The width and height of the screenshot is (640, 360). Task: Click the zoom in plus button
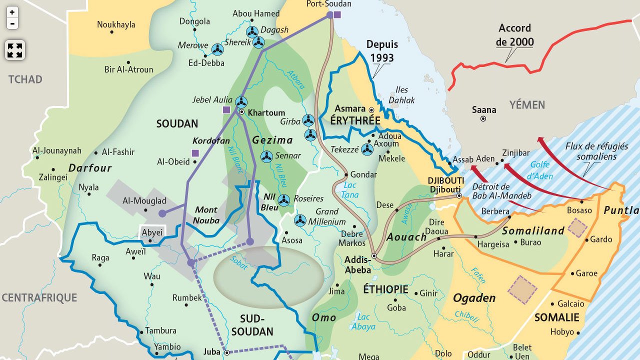(12, 12)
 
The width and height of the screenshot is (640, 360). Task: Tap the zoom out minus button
(12, 23)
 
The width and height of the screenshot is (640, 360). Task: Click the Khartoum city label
(266, 112)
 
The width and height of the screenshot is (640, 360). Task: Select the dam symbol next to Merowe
(217, 49)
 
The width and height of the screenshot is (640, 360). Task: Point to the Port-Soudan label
(328, 4)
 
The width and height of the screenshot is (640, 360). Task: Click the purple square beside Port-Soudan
(337, 14)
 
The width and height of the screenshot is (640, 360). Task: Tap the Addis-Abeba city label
(357, 264)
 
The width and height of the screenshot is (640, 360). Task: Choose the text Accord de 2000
(514, 35)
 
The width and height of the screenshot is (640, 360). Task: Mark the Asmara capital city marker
(371, 109)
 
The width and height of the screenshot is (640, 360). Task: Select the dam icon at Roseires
(283, 200)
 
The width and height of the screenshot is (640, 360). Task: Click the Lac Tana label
(350, 190)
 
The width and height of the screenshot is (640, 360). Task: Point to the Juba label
(212, 352)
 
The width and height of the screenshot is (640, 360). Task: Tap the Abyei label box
(152, 233)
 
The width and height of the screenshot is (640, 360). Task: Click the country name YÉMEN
(527, 104)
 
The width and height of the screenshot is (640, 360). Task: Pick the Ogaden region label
(474, 298)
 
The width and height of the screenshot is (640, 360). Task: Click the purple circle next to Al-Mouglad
(162, 213)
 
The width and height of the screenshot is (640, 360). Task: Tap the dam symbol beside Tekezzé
(367, 149)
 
